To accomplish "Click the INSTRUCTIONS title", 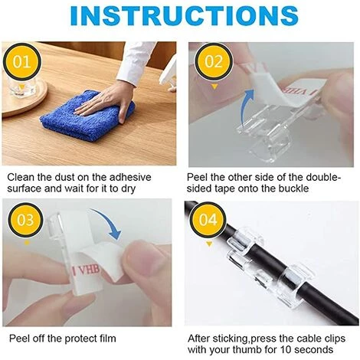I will click(180, 17).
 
